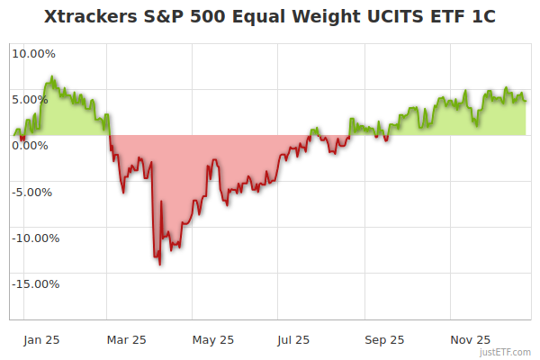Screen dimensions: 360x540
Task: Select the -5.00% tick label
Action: tap(33, 192)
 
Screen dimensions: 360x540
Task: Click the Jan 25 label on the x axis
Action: tap(41, 340)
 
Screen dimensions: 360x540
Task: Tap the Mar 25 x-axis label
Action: tap(126, 340)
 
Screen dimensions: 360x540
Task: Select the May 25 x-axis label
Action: tap(213, 340)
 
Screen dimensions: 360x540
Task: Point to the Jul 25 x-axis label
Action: tap(294, 340)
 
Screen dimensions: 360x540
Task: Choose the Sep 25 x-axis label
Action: tap(384, 340)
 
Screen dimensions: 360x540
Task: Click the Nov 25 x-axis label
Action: tap(471, 340)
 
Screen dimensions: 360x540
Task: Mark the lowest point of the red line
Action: tap(159, 265)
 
